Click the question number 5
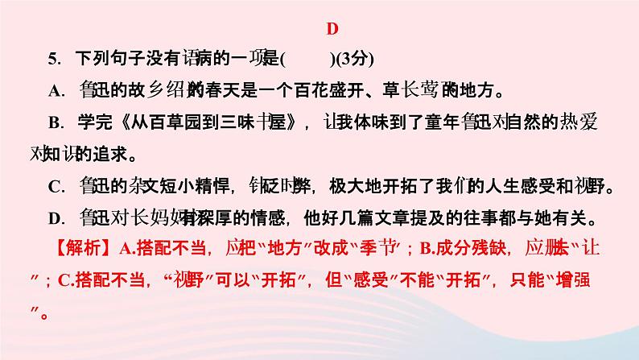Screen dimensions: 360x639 tap(54, 59)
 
